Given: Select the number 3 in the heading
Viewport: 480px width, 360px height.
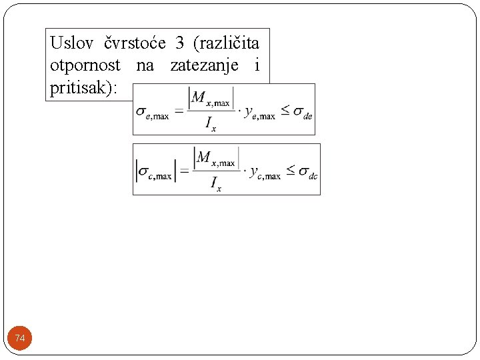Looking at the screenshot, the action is (179, 44).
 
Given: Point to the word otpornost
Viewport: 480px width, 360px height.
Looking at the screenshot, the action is (85, 65).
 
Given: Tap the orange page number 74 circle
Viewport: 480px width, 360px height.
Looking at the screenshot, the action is (20, 339).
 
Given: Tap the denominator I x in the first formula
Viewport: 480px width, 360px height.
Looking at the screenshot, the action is (211, 125).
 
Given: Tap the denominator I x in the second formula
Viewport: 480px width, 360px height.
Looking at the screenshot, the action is (215, 184).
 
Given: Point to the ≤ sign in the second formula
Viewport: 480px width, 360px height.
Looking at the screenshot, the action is (291, 171).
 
